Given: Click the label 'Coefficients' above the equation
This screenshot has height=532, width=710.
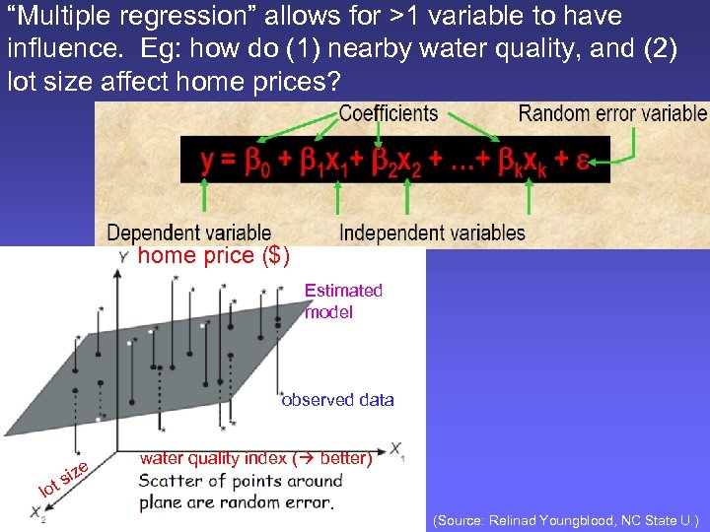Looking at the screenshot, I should [x=388, y=114].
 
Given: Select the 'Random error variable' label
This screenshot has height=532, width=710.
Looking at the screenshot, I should [x=612, y=114].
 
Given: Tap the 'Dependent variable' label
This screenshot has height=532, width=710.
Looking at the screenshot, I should [x=188, y=233].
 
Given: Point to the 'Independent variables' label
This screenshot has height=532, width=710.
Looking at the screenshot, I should [x=432, y=233].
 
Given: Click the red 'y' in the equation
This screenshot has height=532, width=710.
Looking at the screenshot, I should [x=208, y=162].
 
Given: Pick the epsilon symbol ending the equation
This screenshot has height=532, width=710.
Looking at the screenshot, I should [x=583, y=162].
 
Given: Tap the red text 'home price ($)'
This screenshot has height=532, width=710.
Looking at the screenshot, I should [x=213, y=257].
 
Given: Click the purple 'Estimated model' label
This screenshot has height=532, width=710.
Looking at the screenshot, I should [x=343, y=300].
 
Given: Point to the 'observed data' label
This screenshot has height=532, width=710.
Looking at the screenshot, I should [x=337, y=400].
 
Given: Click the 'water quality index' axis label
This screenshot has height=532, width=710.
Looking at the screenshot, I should [x=255, y=458].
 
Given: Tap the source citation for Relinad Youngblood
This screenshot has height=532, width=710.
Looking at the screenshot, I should [x=565, y=518].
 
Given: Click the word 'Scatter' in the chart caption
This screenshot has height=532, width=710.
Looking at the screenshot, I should [x=171, y=482].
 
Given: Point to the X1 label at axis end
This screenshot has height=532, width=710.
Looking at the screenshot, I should [x=397, y=450].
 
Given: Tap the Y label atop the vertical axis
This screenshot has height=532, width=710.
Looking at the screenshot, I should [x=122, y=257].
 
